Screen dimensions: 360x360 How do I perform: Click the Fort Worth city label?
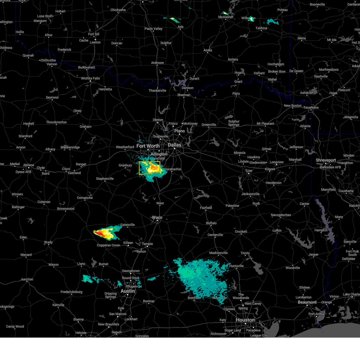[x=148, y=146]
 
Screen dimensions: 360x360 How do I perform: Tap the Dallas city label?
[x=174, y=145]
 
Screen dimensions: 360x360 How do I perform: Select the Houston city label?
[x=245, y=320]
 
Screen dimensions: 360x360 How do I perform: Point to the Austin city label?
[x=127, y=291]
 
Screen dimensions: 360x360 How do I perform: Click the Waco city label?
[x=157, y=217]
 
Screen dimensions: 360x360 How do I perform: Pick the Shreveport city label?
[x=325, y=160]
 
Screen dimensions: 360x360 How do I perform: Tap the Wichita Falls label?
[x=90, y=78]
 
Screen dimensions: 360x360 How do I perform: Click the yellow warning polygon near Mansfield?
[x=149, y=168]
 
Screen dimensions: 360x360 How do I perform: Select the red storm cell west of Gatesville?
[x=100, y=233]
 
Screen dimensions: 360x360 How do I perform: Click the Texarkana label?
[x=311, y=107]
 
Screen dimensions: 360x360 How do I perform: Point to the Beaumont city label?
[x=307, y=302]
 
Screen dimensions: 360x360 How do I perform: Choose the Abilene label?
[x=29, y=165]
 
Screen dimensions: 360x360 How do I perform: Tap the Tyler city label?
[x=249, y=171]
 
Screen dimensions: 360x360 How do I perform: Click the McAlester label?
[x=226, y=17]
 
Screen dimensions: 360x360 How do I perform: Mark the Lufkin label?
[x=277, y=230]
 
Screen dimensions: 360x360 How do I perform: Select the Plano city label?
[x=179, y=131]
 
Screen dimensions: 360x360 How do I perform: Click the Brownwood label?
[x=65, y=209]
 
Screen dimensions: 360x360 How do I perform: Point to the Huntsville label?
[x=236, y=266]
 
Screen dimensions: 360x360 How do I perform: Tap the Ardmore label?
[x=157, y=63]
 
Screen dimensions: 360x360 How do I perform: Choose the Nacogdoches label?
[x=281, y=215]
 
